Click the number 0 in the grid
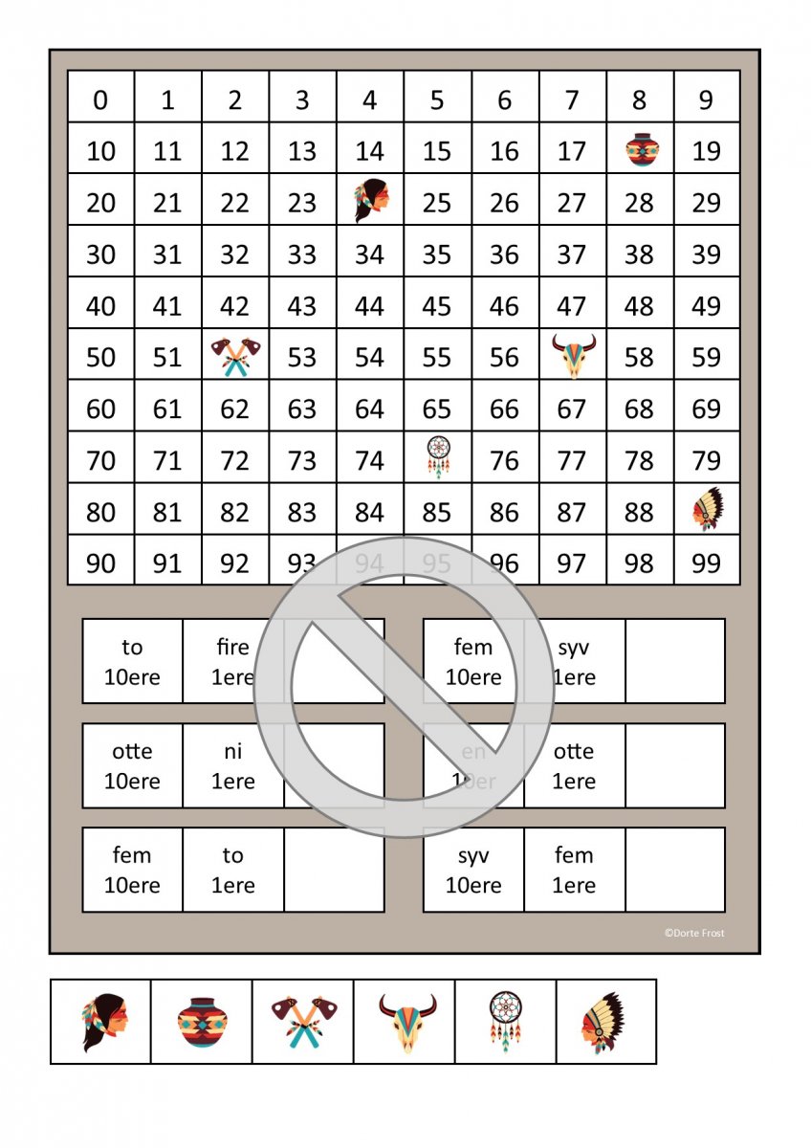click(100, 99)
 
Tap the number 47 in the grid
click(571, 306)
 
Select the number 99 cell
click(706, 563)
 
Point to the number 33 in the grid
click(302, 254)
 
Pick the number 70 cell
click(100, 461)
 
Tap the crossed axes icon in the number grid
click(235, 357)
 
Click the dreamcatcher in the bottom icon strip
click(505, 1022)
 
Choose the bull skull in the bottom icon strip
click(406, 1022)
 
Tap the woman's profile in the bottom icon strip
click(102, 1022)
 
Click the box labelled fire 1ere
click(232, 662)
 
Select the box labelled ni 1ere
click(232, 766)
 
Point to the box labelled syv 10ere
click(473, 870)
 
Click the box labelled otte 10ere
click(132, 766)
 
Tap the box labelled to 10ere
click(132, 662)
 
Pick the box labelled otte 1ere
click(574, 766)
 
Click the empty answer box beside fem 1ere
click(675, 870)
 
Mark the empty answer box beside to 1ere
click(334, 870)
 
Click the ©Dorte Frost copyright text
click(694, 933)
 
